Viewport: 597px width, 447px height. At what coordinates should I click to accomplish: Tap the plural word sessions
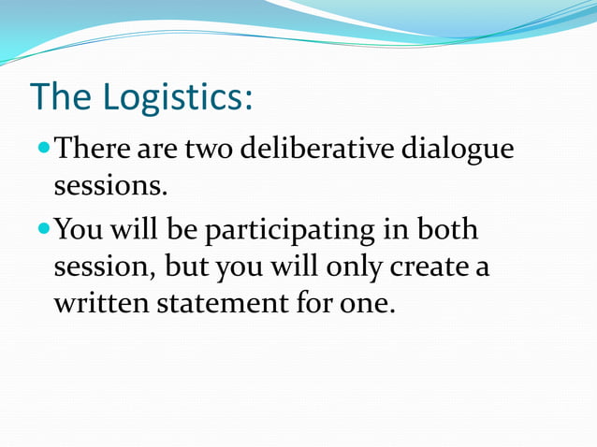[109, 187]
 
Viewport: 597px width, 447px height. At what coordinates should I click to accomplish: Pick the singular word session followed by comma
[102, 268]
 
